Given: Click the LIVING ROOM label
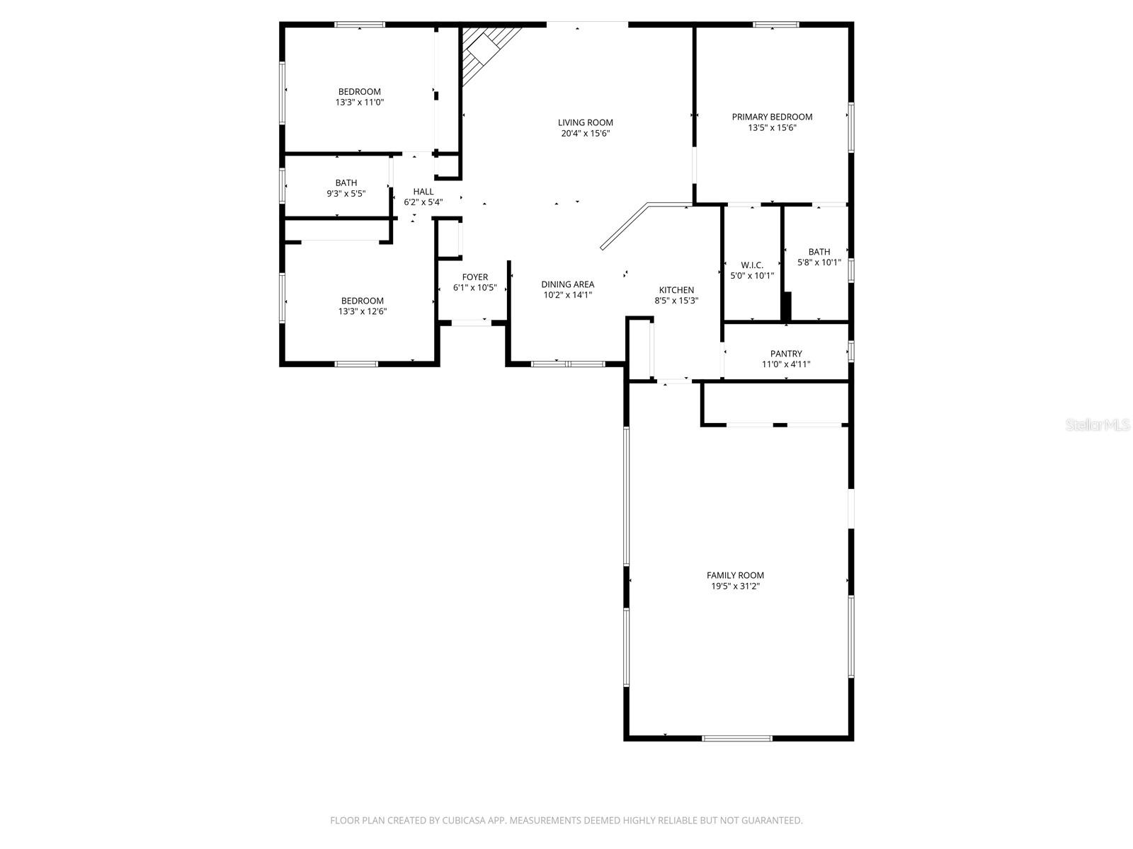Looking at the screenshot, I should point(585,122).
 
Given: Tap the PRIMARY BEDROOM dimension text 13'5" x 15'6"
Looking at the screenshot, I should point(772,128).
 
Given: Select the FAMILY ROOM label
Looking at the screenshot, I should point(735,575).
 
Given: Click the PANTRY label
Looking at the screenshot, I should point(786,354).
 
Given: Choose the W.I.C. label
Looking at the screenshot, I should point(752,265).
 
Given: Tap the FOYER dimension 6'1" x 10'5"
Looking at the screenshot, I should point(474,288).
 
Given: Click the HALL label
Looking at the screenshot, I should point(423,191).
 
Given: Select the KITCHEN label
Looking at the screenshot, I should point(676,289).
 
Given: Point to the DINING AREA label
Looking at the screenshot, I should point(568,284).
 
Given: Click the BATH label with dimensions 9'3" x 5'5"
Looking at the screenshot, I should point(346,183).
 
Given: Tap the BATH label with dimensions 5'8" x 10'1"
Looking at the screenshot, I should point(819,252).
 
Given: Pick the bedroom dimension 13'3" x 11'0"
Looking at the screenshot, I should point(360,102).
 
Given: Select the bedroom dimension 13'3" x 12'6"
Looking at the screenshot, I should point(362,311).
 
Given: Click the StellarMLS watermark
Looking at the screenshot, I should point(1098,424).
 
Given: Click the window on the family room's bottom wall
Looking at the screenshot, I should point(736,739).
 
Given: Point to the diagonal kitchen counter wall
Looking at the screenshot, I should point(624,226).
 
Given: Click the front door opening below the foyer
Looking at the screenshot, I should point(471,323).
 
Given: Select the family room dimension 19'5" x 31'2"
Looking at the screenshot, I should point(735,586).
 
